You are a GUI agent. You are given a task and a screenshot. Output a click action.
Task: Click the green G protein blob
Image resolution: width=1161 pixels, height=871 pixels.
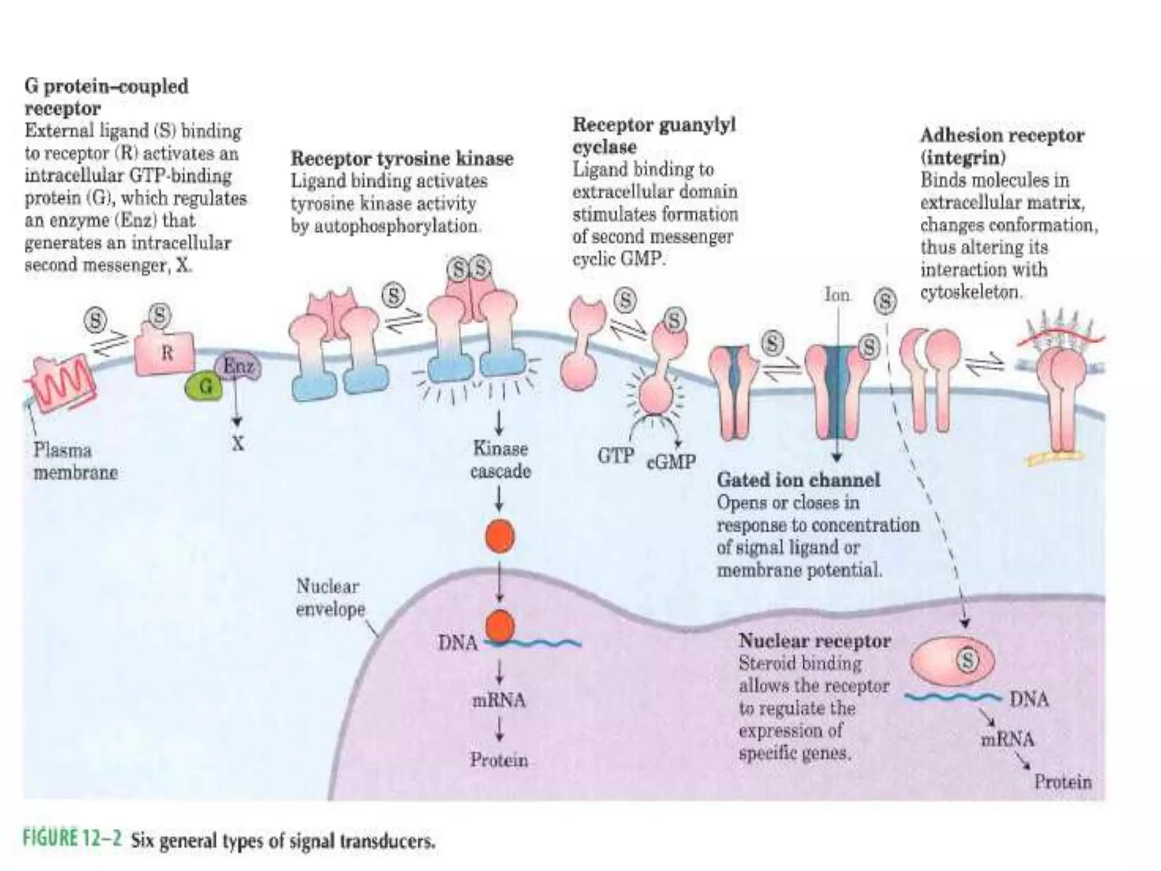(x=204, y=387)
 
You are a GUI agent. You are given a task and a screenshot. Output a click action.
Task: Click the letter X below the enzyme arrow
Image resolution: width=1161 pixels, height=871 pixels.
(x=238, y=443)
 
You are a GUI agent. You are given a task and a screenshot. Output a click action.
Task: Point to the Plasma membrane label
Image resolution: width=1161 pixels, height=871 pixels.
(x=75, y=461)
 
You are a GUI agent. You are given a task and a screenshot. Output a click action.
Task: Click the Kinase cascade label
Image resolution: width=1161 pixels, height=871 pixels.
(x=500, y=460)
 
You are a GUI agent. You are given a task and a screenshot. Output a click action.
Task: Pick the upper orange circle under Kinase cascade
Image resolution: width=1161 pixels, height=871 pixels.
(x=500, y=536)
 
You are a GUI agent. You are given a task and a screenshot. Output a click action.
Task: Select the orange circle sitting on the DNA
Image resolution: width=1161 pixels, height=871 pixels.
(x=500, y=627)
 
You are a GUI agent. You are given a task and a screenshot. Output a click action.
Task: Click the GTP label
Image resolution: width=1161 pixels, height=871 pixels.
(x=615, y=455)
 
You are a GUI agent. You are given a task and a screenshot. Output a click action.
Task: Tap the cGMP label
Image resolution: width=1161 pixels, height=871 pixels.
(x=671, y=462)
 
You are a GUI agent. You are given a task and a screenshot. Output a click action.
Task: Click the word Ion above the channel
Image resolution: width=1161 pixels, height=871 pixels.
(x=837, y=295)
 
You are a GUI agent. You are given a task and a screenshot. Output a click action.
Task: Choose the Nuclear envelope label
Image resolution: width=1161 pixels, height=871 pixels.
(x=330, y=598)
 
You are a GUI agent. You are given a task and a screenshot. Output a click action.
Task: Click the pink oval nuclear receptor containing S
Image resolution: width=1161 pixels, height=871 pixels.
(x=952, y=661)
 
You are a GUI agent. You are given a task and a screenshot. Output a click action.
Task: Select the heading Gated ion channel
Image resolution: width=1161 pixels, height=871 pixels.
(x=798, y=480)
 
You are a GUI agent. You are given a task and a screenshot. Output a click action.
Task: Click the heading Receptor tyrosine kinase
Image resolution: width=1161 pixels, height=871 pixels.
(x=402, y=158)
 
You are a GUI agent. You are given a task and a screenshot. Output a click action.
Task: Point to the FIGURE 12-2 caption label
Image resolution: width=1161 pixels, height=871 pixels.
(x=72, y=839)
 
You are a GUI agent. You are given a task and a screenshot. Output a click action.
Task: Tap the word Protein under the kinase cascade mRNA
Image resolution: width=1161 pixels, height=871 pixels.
(x=499, y=760)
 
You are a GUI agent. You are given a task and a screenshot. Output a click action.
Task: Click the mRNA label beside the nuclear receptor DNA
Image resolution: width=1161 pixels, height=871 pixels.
(x=1007, y=739)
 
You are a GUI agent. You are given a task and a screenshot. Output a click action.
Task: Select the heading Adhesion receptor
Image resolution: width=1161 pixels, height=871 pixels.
(x=1002, y=135)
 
